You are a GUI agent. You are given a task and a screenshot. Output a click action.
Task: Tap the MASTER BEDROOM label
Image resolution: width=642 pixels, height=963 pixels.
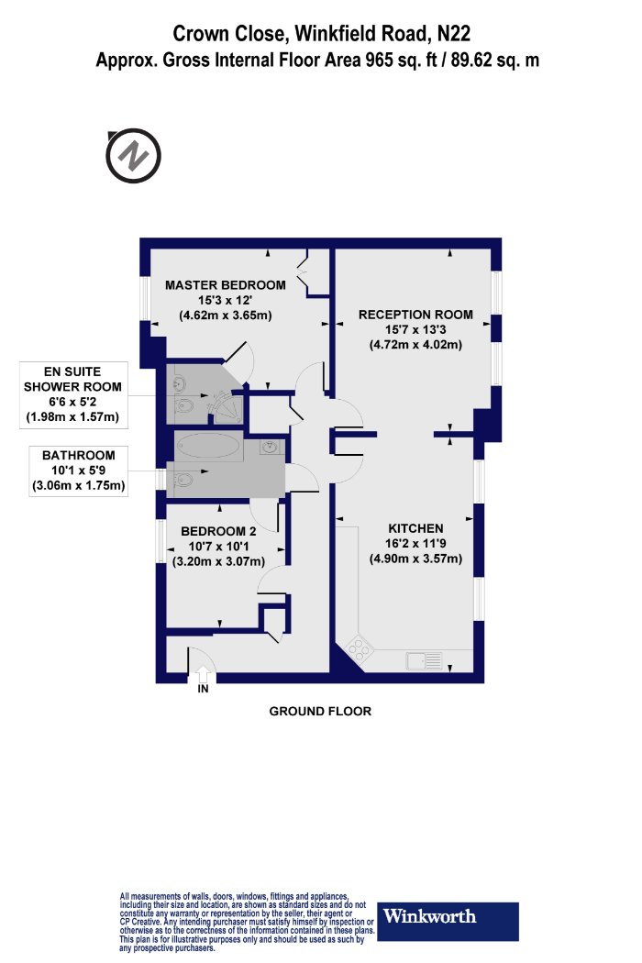[x=226, y=285]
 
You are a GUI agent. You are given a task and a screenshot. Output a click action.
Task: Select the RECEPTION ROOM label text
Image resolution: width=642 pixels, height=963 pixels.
[x=415, y=315]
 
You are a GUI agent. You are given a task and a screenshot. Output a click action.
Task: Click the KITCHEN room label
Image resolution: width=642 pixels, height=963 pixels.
[x=415, y=529]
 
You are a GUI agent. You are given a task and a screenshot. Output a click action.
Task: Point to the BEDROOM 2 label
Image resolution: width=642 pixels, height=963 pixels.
[x=217, y=531]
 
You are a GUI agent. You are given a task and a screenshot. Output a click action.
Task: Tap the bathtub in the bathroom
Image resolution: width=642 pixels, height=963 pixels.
[x=209, y=448]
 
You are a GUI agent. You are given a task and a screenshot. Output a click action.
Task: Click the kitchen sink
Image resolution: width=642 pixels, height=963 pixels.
[x=425, y=659]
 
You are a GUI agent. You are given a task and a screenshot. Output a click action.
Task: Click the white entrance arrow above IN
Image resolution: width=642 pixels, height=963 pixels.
[x=202, y=677]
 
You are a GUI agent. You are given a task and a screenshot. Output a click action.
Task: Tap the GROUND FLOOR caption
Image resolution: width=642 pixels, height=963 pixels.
[x=320, y=712]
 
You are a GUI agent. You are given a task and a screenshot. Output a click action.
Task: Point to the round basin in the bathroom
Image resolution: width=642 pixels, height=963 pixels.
[x=270, y=448]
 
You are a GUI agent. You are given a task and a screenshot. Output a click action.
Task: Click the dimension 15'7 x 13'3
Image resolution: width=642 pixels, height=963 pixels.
[x=415, y=330]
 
